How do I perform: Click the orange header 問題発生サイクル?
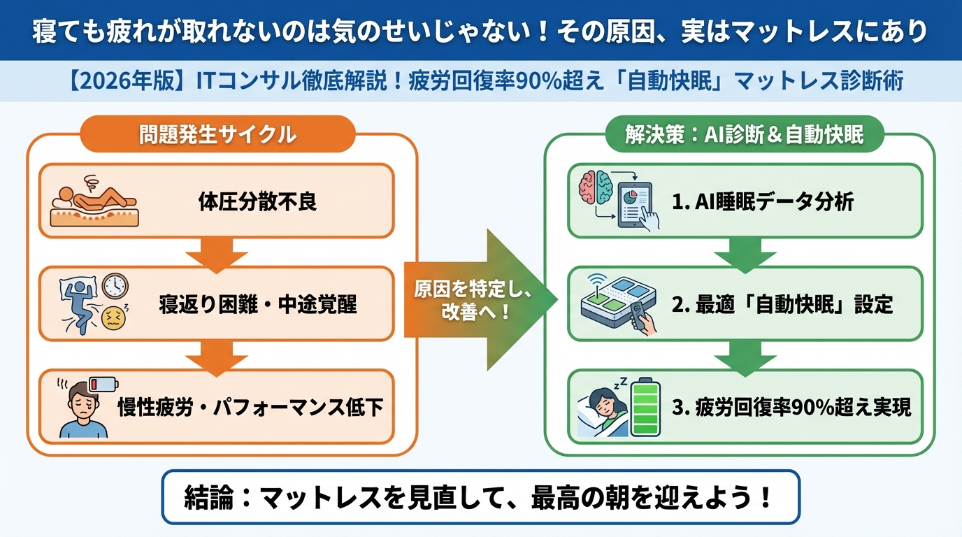click(218, 134)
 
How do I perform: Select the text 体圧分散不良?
click(257, 202)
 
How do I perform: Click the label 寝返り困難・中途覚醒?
click(257, 305)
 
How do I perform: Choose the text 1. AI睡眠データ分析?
click(763, 202)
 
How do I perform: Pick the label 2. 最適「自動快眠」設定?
click(782, 305)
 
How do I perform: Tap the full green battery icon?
click(645, 410)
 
